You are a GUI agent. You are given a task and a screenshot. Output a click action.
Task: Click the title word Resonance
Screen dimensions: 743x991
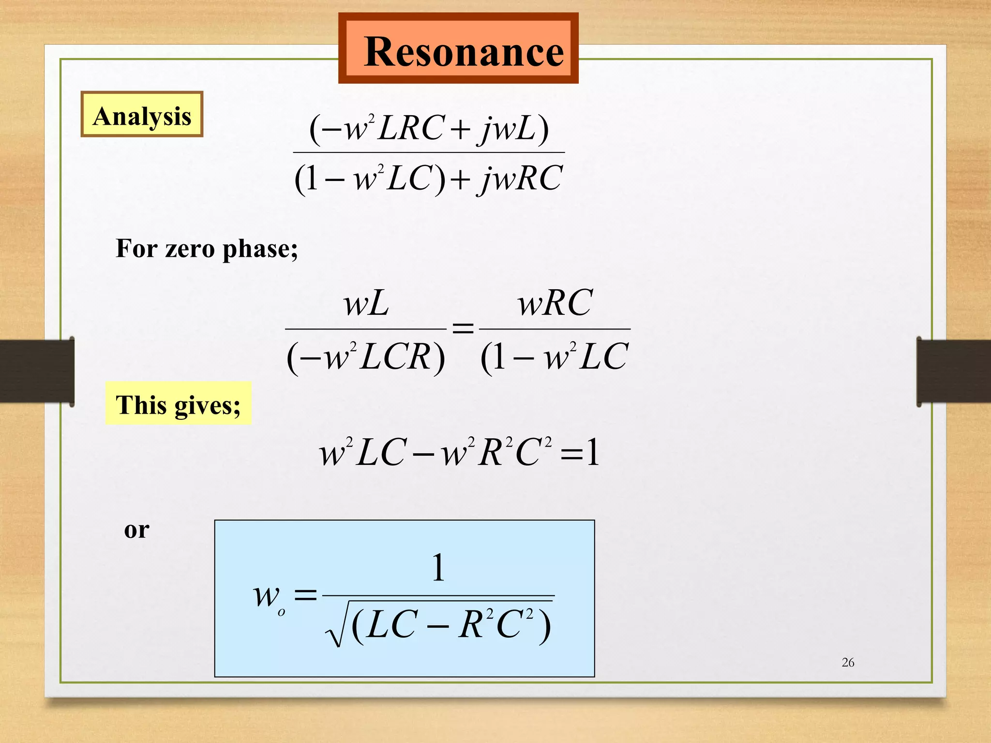point(464,52)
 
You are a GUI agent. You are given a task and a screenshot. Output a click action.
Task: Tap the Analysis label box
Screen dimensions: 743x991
point(142,115)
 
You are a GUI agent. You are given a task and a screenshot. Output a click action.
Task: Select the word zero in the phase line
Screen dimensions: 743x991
point(190,249)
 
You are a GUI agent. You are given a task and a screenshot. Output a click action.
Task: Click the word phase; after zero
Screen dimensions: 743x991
point(260,250)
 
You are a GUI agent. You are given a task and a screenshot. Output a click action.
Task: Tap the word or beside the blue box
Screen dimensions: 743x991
point(136,530)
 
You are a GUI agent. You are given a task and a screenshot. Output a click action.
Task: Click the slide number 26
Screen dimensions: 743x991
point(848,662)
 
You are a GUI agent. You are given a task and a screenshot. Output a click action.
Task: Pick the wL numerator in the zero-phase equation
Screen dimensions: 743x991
point(366,305)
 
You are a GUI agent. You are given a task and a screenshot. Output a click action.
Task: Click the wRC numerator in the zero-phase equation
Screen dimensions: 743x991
point(555,304)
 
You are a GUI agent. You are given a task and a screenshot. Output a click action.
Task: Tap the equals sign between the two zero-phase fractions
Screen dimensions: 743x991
point(463,329)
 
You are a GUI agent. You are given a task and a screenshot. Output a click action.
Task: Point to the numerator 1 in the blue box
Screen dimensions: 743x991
point(438,568)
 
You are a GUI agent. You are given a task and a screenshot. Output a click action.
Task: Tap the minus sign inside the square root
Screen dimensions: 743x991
point(437,627)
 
